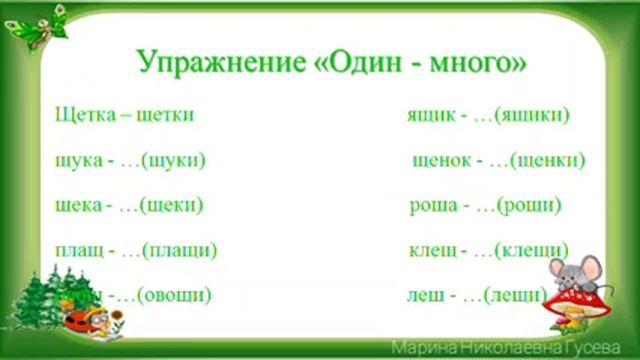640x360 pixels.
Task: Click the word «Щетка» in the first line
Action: (81, 115)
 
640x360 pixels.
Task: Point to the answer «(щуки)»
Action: (175, 160)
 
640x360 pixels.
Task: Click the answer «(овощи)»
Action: (176, 296)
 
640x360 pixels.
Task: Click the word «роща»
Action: (433, 206)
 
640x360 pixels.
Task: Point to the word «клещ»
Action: (431, 251)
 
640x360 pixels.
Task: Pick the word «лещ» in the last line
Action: (426, 296)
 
